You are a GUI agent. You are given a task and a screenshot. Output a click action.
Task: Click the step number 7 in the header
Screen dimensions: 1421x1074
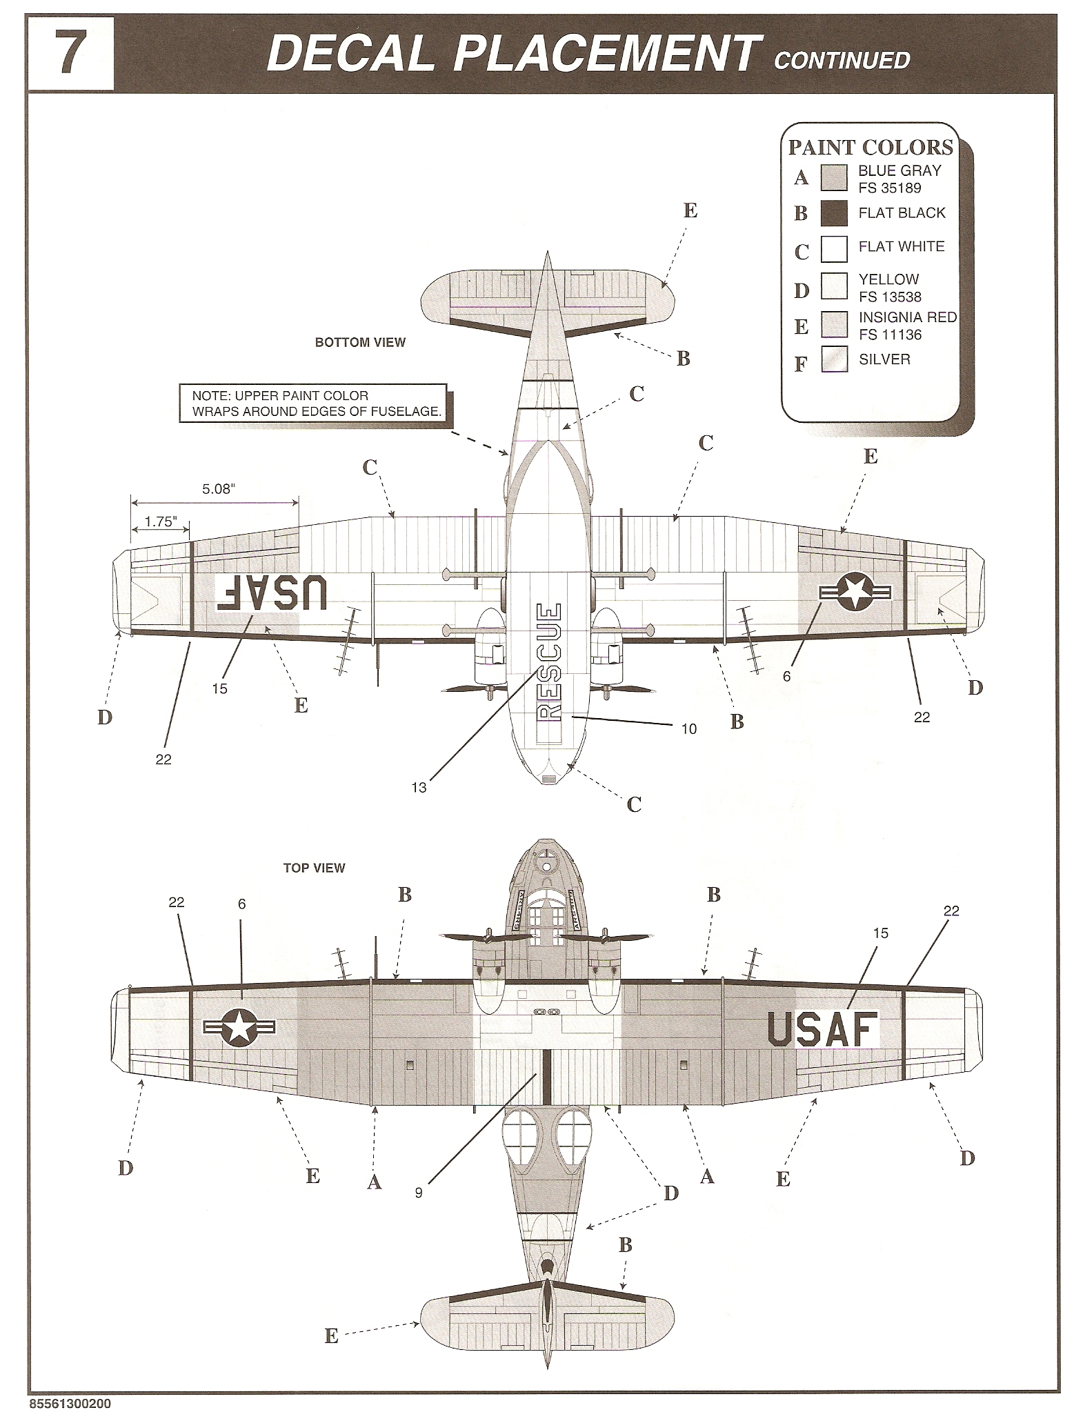[x=71, y=54]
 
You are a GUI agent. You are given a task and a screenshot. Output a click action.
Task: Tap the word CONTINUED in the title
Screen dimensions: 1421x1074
[x=842, y=61]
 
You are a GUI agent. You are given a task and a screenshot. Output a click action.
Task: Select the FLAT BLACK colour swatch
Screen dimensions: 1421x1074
[x=833, y=213]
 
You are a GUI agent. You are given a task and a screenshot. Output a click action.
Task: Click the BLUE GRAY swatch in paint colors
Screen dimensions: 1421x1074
[x=833, y=178]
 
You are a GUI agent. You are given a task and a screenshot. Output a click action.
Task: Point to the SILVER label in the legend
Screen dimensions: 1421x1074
[x=884, y=359]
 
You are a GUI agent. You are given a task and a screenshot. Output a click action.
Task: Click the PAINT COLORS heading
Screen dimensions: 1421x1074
[x=871, y=147]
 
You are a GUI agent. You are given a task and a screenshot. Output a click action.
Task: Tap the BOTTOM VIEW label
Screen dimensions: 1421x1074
[x=360, y=342]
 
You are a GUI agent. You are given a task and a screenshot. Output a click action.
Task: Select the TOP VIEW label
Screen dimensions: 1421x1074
[x=314, y=868]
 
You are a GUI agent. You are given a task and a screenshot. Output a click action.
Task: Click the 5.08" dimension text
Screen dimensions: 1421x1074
[x=219, y=489]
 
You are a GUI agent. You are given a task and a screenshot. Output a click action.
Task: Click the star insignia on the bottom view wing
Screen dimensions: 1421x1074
[x=855, y=592]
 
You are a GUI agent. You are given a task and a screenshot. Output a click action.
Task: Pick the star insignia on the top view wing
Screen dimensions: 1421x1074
[x=239, y=1027]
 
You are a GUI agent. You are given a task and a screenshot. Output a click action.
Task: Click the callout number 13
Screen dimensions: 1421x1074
[x=419, y=787]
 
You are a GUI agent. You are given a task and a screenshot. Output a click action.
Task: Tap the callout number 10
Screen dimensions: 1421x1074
[x=688, y=728]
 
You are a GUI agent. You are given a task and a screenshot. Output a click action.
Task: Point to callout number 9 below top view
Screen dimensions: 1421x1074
[x=419, y=1192]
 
